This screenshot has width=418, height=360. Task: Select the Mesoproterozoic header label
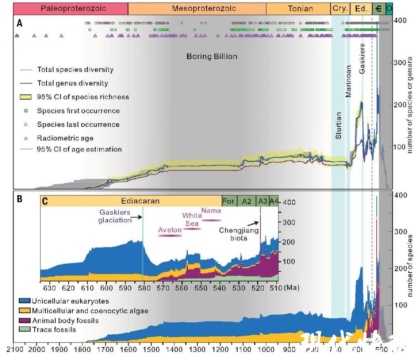(x=197, y=8)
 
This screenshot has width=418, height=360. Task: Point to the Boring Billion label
(x=212, y=56)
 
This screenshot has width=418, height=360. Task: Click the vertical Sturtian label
(x=338, y=125)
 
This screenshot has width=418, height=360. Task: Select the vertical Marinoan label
(x=348, y=81)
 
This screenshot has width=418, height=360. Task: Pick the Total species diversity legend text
(x=75, y=70)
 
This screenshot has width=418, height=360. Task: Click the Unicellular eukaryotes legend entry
(x=71, y=301)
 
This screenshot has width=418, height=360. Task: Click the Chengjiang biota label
(x=239, y=234)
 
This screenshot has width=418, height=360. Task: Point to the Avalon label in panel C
(x=170, y=230)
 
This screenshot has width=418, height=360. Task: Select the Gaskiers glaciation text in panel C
(x=115, y=216)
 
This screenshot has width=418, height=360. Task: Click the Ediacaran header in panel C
(x=140, y=201)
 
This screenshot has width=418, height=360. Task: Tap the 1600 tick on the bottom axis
(x=128, y=350)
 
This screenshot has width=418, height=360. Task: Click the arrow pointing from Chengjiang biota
(x=254, y=223)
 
